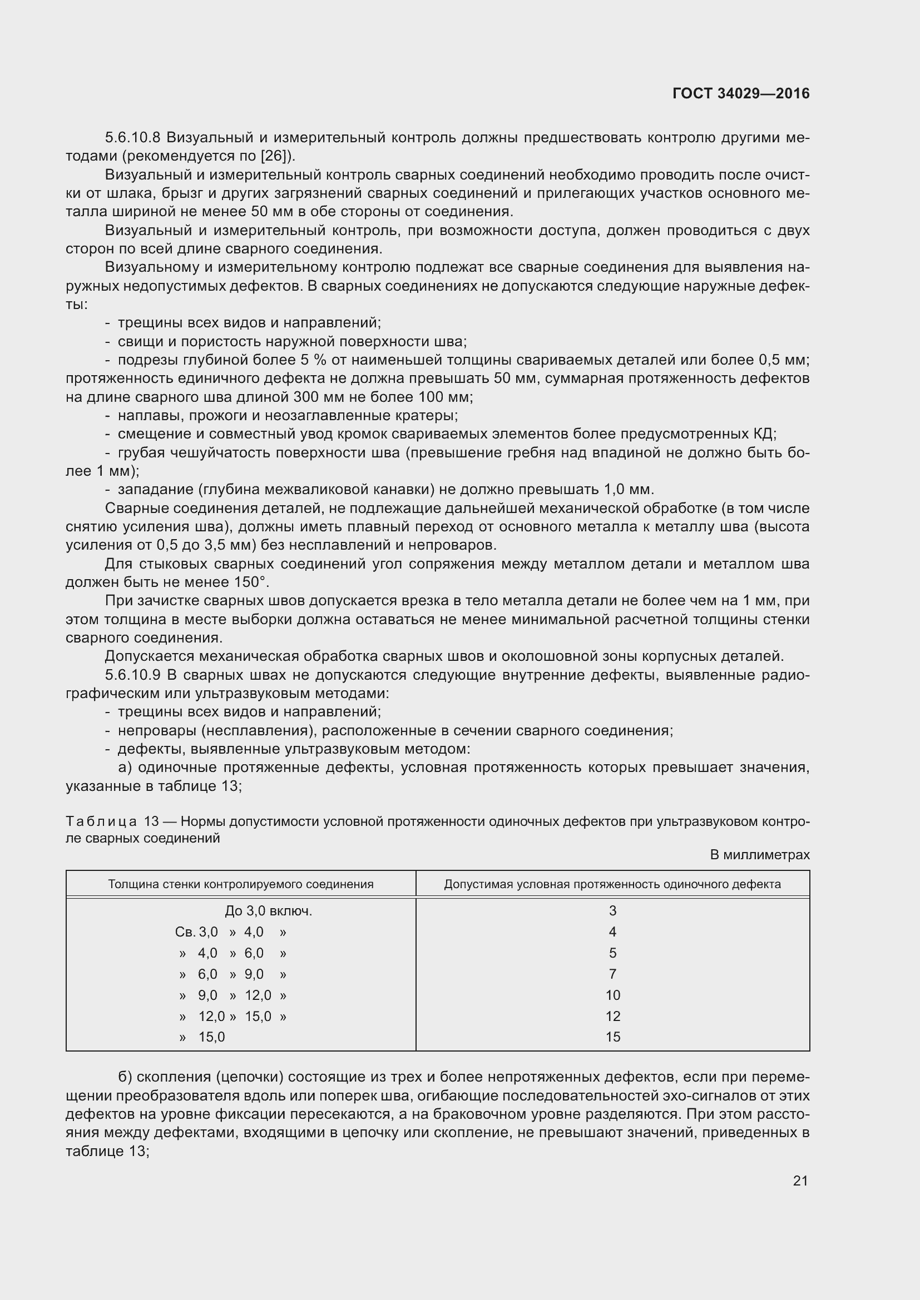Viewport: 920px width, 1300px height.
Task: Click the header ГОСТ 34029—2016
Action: click(x=740, y=93)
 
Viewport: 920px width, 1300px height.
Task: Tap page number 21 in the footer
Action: click(x=800, y=1181)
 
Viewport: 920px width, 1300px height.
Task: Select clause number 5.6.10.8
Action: click(x=133, y=138)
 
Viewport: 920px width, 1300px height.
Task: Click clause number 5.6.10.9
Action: click(x=133, y=675)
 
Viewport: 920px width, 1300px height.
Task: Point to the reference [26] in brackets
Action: click(x=275, y=156)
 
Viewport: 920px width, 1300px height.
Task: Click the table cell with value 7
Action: click(x=612, y=974)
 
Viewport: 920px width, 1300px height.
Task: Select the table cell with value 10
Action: click(x=612, y=995)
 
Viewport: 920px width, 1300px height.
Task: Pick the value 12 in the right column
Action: click(x=612, y=1016)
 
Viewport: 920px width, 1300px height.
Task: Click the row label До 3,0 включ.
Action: click(x=269, y=911)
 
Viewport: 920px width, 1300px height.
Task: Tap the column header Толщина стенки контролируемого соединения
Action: click(x=241, y=884)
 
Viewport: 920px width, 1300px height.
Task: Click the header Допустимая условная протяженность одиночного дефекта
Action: click(x=612, y=884)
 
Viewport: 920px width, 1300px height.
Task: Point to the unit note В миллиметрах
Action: click(x=760, y=855)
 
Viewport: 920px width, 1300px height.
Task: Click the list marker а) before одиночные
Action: click(x=125, y=767)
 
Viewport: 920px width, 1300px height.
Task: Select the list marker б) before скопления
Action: click(x=125, y=1077)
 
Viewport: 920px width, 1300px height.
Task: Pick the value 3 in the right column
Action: click(x=612, y=911)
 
